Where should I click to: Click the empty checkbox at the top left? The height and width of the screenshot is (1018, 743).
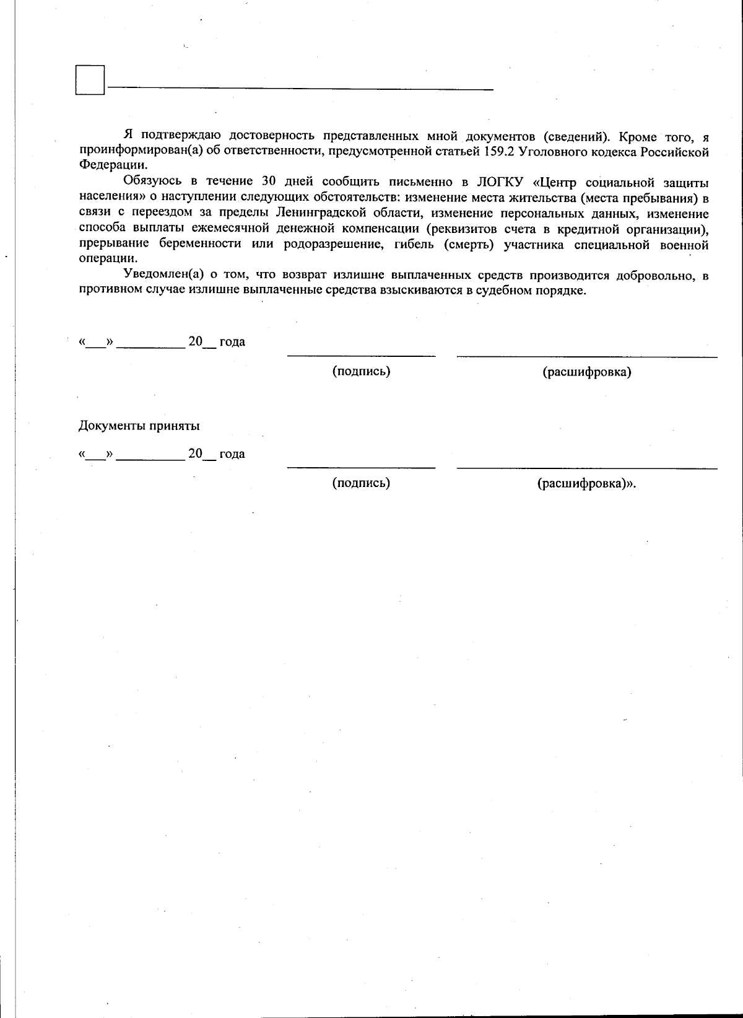(90, 80)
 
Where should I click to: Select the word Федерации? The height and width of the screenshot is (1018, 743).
(113, 165)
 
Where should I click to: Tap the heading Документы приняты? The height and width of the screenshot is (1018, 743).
(139, 426)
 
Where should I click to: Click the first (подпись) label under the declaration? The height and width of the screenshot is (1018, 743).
(361, 371)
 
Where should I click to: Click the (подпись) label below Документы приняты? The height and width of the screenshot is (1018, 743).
(361, 483)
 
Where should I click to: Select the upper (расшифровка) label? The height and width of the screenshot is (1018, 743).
(586, 372)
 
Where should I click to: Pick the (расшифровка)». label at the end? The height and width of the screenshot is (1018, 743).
(586, 483)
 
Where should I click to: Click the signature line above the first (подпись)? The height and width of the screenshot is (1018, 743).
(361, 356)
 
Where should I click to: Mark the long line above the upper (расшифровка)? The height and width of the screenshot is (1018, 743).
(586, 356)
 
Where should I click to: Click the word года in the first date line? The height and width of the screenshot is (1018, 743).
(232, 342)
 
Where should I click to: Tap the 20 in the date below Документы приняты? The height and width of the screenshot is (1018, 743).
(196, 454)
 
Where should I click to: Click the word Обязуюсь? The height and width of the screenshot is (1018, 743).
(152, 182)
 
